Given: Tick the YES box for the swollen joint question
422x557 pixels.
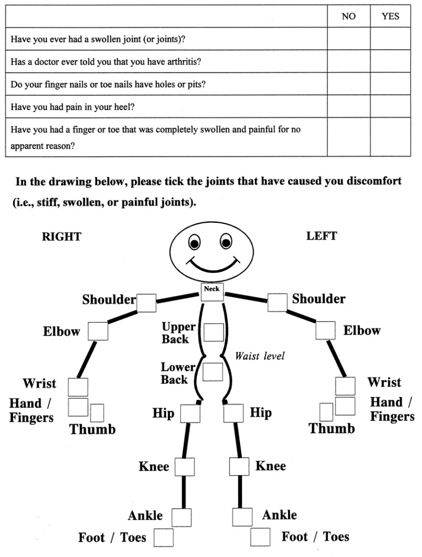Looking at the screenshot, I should [x=390, y=39].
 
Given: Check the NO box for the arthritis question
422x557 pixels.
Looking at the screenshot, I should [x=348, y=61].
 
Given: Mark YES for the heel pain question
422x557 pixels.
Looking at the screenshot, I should [x=390, y=106].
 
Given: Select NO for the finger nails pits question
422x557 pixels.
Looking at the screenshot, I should [x=348, y=84].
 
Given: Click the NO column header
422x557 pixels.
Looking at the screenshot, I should [x=348, y=17].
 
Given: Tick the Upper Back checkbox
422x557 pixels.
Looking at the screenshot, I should [x=213, y=332].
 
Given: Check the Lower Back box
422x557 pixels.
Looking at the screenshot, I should [x=212, y=372].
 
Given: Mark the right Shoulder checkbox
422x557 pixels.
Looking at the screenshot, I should [x=146, y=303].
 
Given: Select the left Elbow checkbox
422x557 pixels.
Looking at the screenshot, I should [x=326, y=330].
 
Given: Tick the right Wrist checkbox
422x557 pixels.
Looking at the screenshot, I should [x=78, y=387].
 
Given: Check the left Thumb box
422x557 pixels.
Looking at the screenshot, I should [x=326, y=412].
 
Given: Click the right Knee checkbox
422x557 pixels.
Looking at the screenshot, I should [x=185, y=466].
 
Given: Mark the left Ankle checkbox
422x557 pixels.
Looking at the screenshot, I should [x=242, y=517].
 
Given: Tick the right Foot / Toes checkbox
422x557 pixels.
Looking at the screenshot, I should [x=163, y=538].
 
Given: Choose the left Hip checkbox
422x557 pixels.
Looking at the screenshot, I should [x=233, y=413].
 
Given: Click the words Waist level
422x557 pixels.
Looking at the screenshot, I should [x=260, y=356].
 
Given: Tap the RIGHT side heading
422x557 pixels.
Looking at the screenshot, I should [x=61, y=237].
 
